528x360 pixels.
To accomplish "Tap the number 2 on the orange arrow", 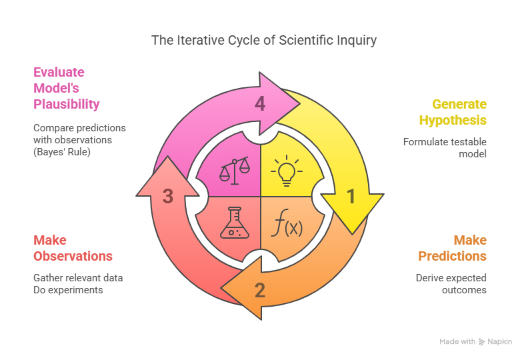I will (260, 290).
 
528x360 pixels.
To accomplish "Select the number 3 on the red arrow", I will (169, 196).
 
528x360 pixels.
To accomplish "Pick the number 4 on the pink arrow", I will (260, 103).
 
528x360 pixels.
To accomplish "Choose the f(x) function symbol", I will (287, 225).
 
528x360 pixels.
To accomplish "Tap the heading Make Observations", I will (73, 248).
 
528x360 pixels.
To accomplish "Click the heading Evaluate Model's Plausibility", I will (67, 88).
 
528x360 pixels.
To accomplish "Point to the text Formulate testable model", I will (445, 147).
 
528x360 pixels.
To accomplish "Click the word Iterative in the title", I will (199, 41).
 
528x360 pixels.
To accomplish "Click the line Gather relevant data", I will (78, 277).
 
